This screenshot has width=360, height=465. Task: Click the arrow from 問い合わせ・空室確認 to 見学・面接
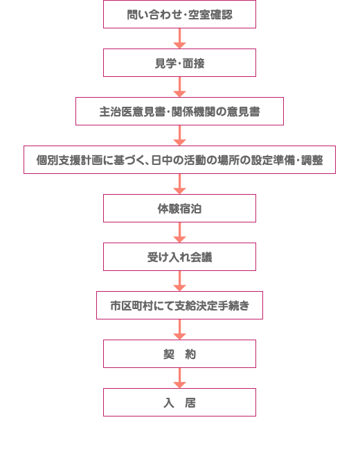179,39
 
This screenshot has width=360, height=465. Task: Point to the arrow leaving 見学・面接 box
179,87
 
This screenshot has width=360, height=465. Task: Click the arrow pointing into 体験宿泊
179,184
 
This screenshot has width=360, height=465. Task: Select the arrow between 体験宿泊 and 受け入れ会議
179,233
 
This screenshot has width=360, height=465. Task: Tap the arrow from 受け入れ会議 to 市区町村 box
179,281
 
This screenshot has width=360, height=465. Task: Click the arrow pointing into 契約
179,329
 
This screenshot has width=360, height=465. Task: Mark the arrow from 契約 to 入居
179,378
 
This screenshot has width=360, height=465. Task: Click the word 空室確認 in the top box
210,15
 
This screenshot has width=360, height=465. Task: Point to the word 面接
193,63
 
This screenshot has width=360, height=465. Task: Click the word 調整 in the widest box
312,160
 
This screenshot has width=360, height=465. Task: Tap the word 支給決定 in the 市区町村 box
196,306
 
